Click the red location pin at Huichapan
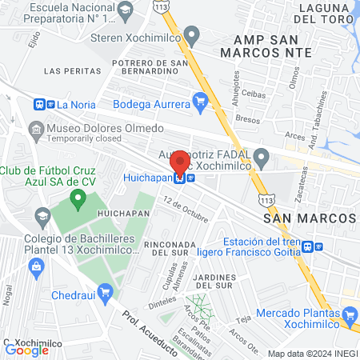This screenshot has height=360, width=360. (x=180, y=162)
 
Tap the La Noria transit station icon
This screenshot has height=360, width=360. (x=39, y=104)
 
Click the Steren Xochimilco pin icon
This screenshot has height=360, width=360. (x=190, y=35)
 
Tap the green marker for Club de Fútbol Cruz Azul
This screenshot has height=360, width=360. (x=78, y=198)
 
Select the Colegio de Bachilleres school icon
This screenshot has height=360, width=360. (x=41, y=216)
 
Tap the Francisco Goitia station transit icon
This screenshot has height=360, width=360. (x=318, y=246)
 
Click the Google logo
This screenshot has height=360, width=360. (x=26, y=350)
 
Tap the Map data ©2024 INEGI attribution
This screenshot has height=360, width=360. (x=310, y=353)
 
